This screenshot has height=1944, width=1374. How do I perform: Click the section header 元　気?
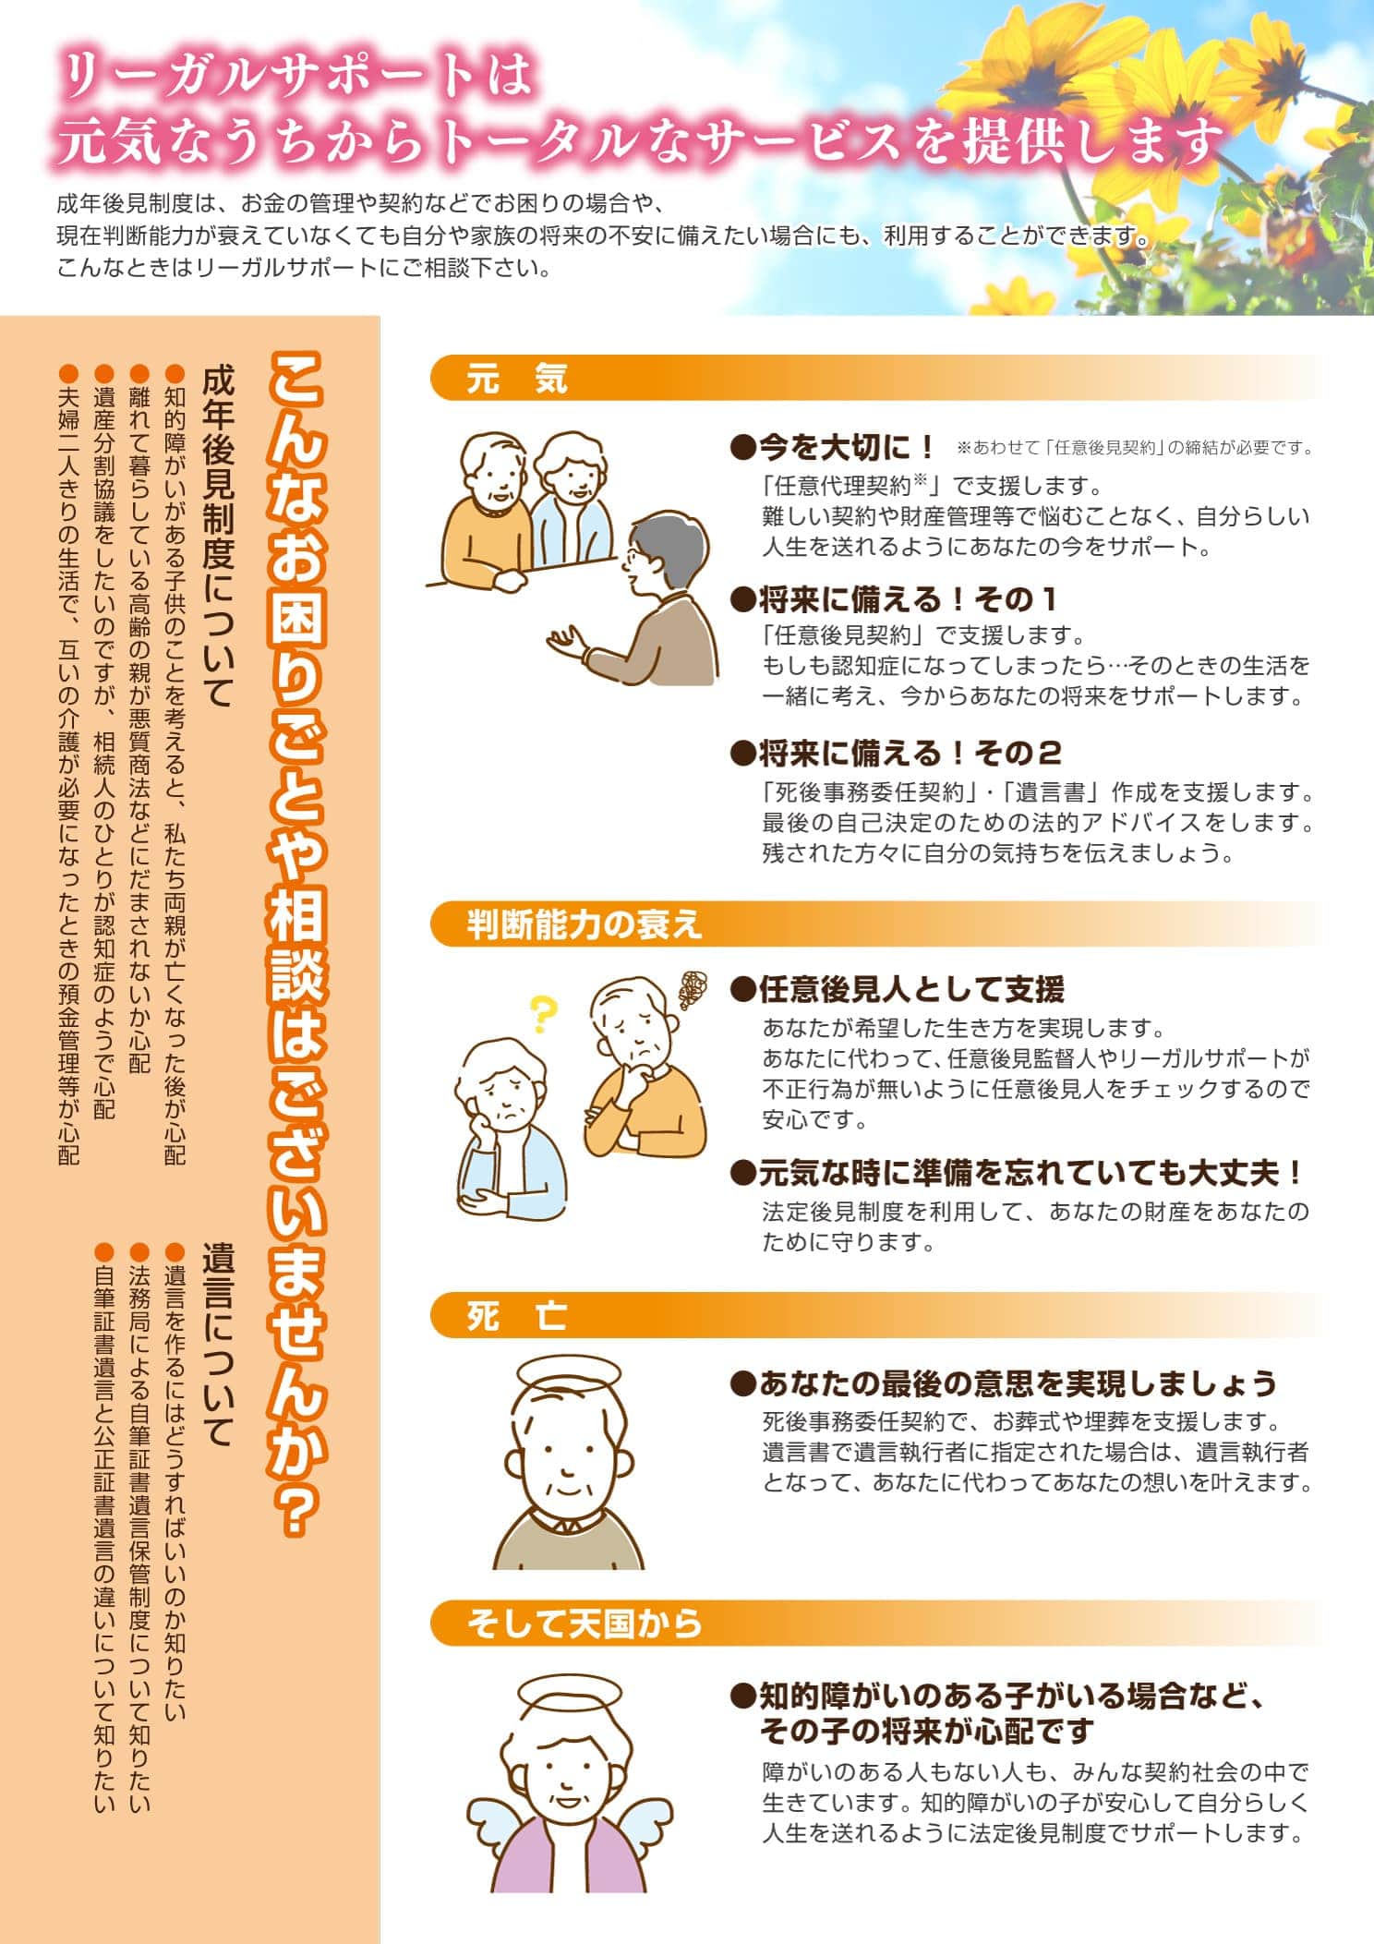click(x=517, y=379)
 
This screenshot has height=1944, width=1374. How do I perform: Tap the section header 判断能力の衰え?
click(x=584, y=924)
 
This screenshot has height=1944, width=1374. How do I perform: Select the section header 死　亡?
click(x=517, y=1316)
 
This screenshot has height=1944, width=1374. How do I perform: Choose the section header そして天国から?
click(x=584, y=1624)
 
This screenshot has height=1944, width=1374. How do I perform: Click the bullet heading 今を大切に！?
click(x=834, y=448)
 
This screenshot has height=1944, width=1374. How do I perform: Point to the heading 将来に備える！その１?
click(x=893, y=599)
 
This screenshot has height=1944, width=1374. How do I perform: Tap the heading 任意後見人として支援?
click(x=897, y=989)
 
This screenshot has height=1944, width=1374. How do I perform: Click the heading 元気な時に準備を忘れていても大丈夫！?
click(x=1017, y=1173)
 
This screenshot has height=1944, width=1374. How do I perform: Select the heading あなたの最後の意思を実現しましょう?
click(x=1004, y=1383)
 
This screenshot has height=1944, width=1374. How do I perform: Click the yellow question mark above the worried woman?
click(x=543, y=1013)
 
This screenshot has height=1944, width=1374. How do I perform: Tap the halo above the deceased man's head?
click(x=564, y=1373)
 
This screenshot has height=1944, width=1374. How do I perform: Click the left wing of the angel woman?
click(x=490, y=1816)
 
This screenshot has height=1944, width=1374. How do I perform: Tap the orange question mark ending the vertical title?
click(x=297, y=1508)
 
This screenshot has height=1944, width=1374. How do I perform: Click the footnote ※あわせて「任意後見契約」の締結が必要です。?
click(x=1135, y=448)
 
